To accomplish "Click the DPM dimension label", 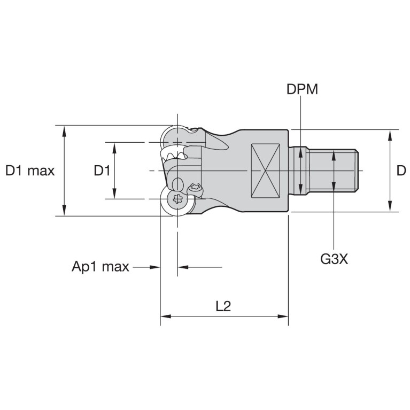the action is click(302, 89).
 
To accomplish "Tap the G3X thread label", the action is click(334, 259).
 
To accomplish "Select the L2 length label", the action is click(223, 306).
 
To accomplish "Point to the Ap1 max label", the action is click(100, 267).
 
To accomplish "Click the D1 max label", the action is click(30, 171).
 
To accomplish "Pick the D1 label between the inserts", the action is click(102, 171).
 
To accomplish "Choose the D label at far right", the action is click(401, 171).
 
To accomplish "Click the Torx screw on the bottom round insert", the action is click(177, 200).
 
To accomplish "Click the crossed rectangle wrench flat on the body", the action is click(265, 171).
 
